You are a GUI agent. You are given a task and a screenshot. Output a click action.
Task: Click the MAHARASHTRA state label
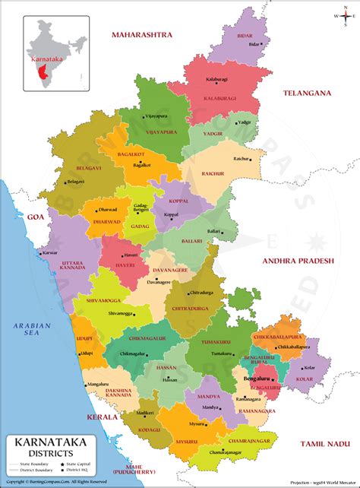tap(142, 35)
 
